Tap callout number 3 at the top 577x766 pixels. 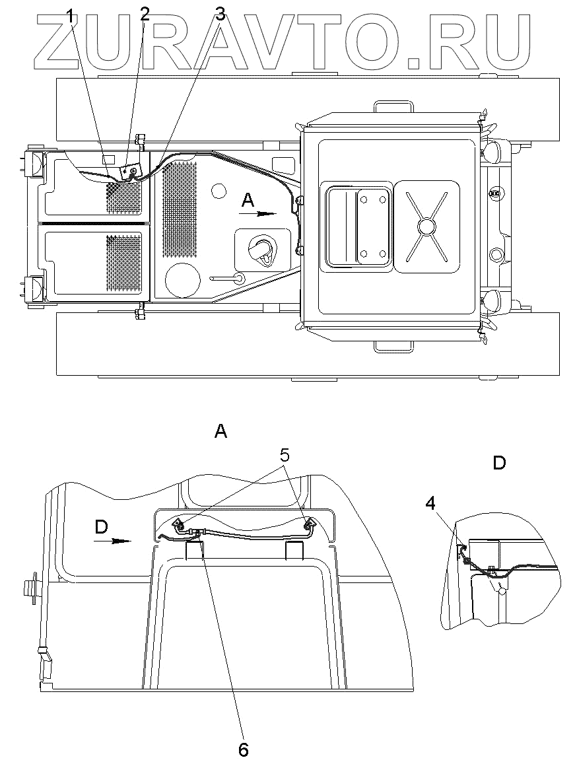[221, 14]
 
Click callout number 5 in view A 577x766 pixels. [284, 454]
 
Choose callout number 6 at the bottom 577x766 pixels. [243, 749]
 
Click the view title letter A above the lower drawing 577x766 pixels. [221, 432]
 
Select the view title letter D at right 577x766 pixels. [499, 463]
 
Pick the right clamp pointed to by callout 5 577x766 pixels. [308, 526]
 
